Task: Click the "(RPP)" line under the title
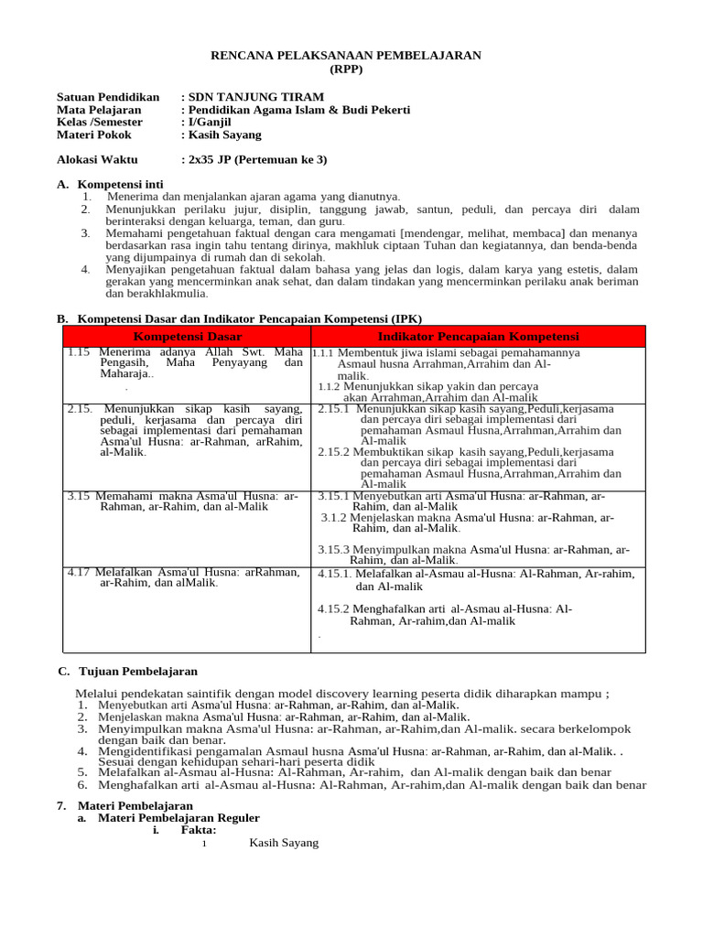click(x=346, y=70)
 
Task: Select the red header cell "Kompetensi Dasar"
click(x=188, y=336)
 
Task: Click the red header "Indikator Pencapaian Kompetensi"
click(x=478, y=336)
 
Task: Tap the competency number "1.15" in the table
click(x=79, y=351)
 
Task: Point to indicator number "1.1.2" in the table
click(x=330, y=386)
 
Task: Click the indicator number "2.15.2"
click(x=334, y=452)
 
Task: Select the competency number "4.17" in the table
click(x=79, y=572)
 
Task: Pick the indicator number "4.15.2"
click(x=334, y=609)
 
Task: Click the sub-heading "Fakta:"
click(x=199, y=830)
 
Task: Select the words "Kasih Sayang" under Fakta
click(x=284, y=843)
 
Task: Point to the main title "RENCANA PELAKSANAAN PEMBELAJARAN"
click(x=346, y=56)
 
